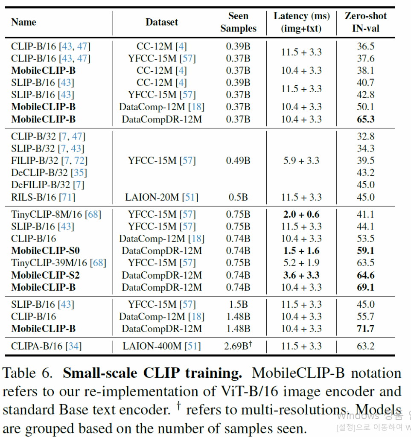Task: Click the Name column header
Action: [23, 22]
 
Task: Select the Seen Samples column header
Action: [238, 22]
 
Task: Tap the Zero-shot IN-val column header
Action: [365, 22]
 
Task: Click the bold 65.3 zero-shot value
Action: [365, 119]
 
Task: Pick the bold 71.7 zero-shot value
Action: [365, 329]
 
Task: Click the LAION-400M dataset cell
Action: [161, 346]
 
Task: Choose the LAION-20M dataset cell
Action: [161, 197]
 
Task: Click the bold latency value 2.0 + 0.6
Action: [301, 215]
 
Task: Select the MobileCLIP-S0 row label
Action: [45, 251]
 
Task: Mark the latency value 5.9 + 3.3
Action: [301, 161]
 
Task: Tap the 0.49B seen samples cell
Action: [238, 161]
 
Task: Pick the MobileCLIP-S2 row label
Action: [45, 275]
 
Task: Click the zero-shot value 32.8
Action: [365, 137]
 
